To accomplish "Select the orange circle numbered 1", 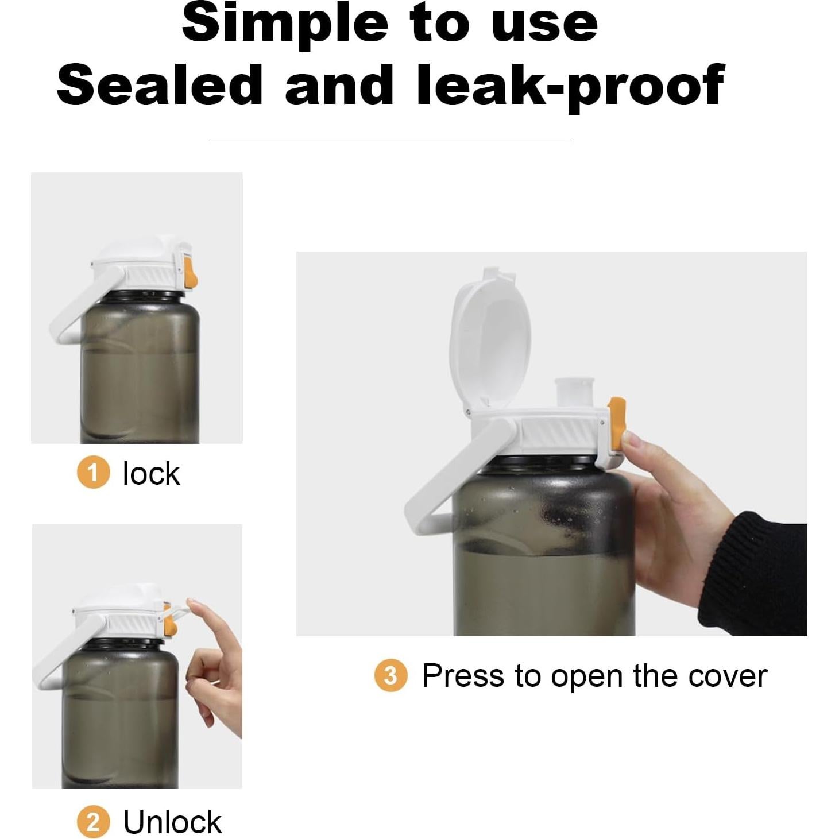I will pyautogui.click(x=93, y=473).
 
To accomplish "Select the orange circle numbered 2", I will pyautogui.click(x=93, y=822).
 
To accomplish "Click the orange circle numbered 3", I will pyautogui.click(x=390, y=675).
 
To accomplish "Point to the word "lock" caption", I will pyautogui.click(x=151, y=474).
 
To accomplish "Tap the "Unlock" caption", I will pyautogui.click(x=172, y=822).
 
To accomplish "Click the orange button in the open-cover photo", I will pyautogui.click(x=617, y=425).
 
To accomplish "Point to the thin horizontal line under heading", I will pyautogui.click(x=390, y=140).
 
